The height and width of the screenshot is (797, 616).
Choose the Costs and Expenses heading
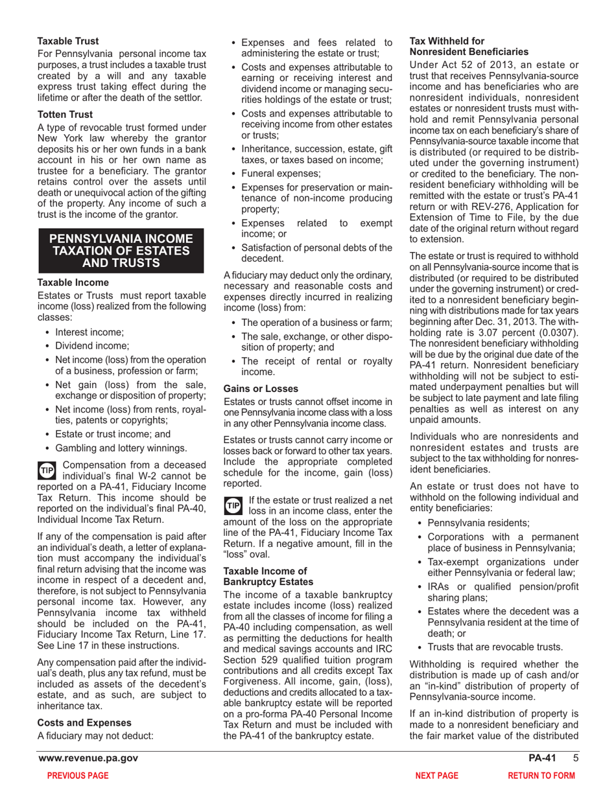85,722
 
